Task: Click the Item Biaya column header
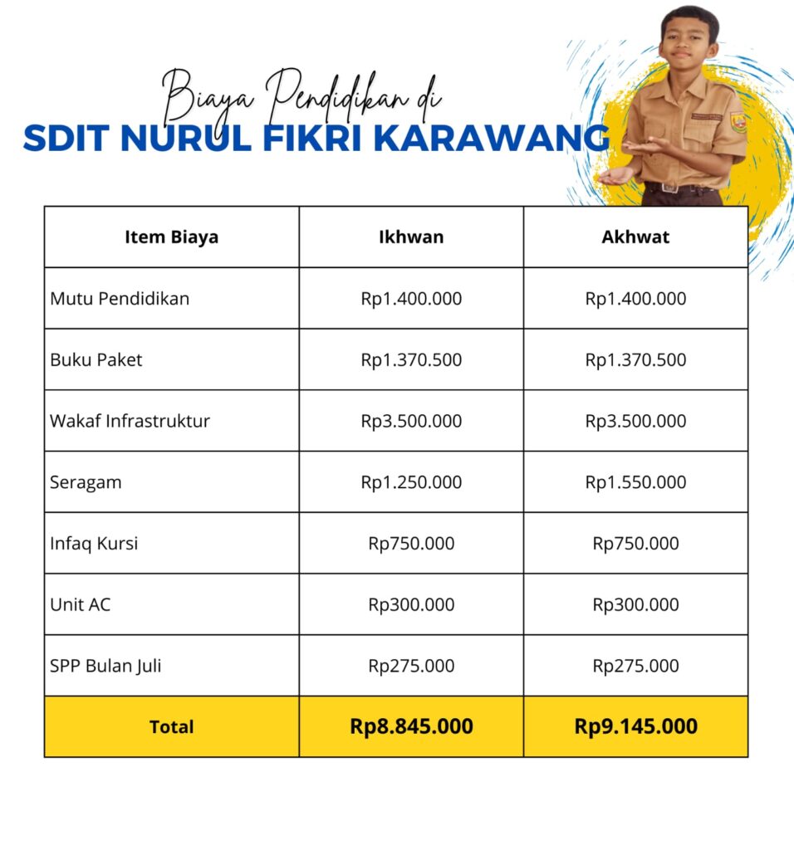171,237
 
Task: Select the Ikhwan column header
411,237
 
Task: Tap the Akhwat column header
635,237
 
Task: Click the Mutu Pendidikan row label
120,299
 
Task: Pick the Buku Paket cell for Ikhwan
411,360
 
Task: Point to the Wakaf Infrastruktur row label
130,421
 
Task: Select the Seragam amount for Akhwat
635,482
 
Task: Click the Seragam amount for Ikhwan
411,482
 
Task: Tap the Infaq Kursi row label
94,544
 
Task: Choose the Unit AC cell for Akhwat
635,604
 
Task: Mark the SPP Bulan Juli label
105,666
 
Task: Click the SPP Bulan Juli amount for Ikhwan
411,666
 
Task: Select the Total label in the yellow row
171,727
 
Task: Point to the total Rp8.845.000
411,727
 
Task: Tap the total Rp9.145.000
635,727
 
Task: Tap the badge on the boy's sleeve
738,122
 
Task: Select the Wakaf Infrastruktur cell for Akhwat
635,421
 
